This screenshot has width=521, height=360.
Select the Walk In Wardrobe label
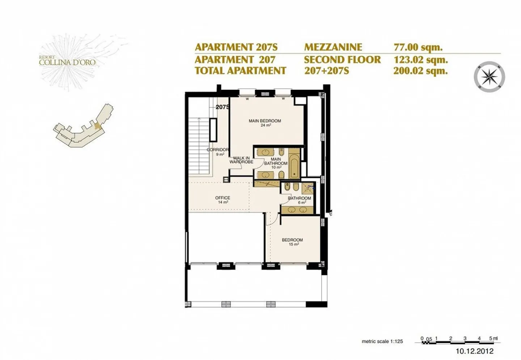[x=241, y=160]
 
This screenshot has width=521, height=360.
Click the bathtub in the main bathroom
[x=294, y=167]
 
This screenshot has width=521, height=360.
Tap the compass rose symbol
[x=489, y=77]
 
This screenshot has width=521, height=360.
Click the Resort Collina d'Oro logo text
[x=67, y=61]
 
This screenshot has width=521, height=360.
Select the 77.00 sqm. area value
[x=418, y=47]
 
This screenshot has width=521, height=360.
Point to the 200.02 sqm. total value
[x=420, y=71]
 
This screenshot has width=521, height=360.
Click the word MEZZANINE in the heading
[x=333, y=47]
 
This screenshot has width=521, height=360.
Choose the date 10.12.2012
[x=474, y=351]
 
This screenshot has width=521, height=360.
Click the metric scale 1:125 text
[x=382, y=341]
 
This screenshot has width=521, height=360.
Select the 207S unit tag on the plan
[x=223, y=107]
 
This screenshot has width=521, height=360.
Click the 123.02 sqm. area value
[x=420, y=59]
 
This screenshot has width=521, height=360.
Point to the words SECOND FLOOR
[x=342, y=59]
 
